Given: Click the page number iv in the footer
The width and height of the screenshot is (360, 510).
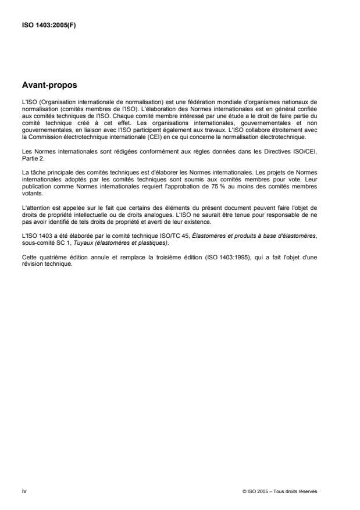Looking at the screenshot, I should point(23,491).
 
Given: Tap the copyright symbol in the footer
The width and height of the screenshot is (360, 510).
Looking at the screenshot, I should point(244,491).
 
